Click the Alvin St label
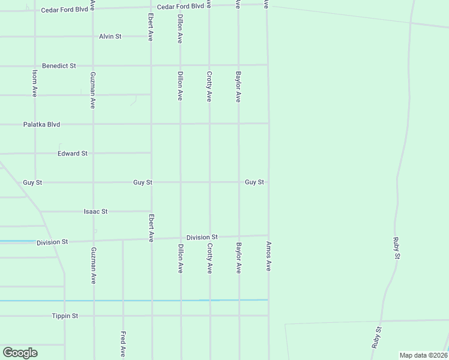[x=110, y=37]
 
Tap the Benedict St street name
[x=59, y=65]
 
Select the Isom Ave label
[x=35, y=83]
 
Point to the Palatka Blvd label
[x=42, y=125]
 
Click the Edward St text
[x=73, y=154]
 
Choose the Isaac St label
[x=95, y=212]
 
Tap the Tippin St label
[x=65, y=316]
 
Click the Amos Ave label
[x=268, y=257]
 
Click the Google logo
[x=20, y=353]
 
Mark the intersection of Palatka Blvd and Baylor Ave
[x=239, y=124]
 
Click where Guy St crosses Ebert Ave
[x=151, y=182]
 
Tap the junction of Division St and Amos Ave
[x=268, y=235]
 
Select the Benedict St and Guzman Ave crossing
[x=92, y=65]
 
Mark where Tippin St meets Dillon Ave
[x=181, y=316]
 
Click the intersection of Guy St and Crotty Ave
[x=209, y=182]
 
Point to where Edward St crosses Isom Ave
[x=35, y=154]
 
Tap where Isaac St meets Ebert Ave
[x=151, y=211]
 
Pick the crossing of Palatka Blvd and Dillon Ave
[x=181, y=124]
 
